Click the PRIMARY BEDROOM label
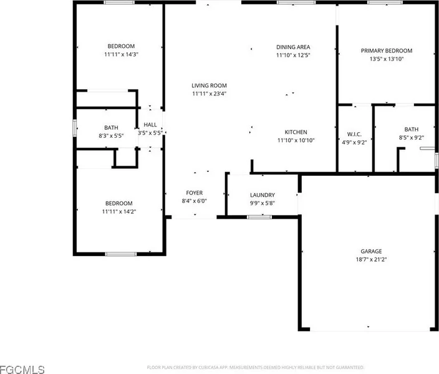pos(387,50)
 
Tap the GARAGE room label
pos(371,251)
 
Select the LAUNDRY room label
pos(263,195)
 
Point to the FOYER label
pos(195,193)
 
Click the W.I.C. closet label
pos(354,135)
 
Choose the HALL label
pos(150,125)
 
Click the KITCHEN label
pos(296,132)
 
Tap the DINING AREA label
pos(293,47)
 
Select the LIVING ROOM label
pos(209,85)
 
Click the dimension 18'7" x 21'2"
pos(371,259)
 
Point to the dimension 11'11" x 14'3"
pos(121,54)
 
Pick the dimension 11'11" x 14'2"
pos(119,212)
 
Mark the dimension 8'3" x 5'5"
pos(111,136)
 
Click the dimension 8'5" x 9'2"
pos(412,138)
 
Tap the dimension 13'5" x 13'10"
pos(387,59)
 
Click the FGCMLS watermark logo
pos(22,370)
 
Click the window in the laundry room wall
pos(259,217)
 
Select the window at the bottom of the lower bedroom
pos(121,254)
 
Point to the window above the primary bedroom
pos(385,2)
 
